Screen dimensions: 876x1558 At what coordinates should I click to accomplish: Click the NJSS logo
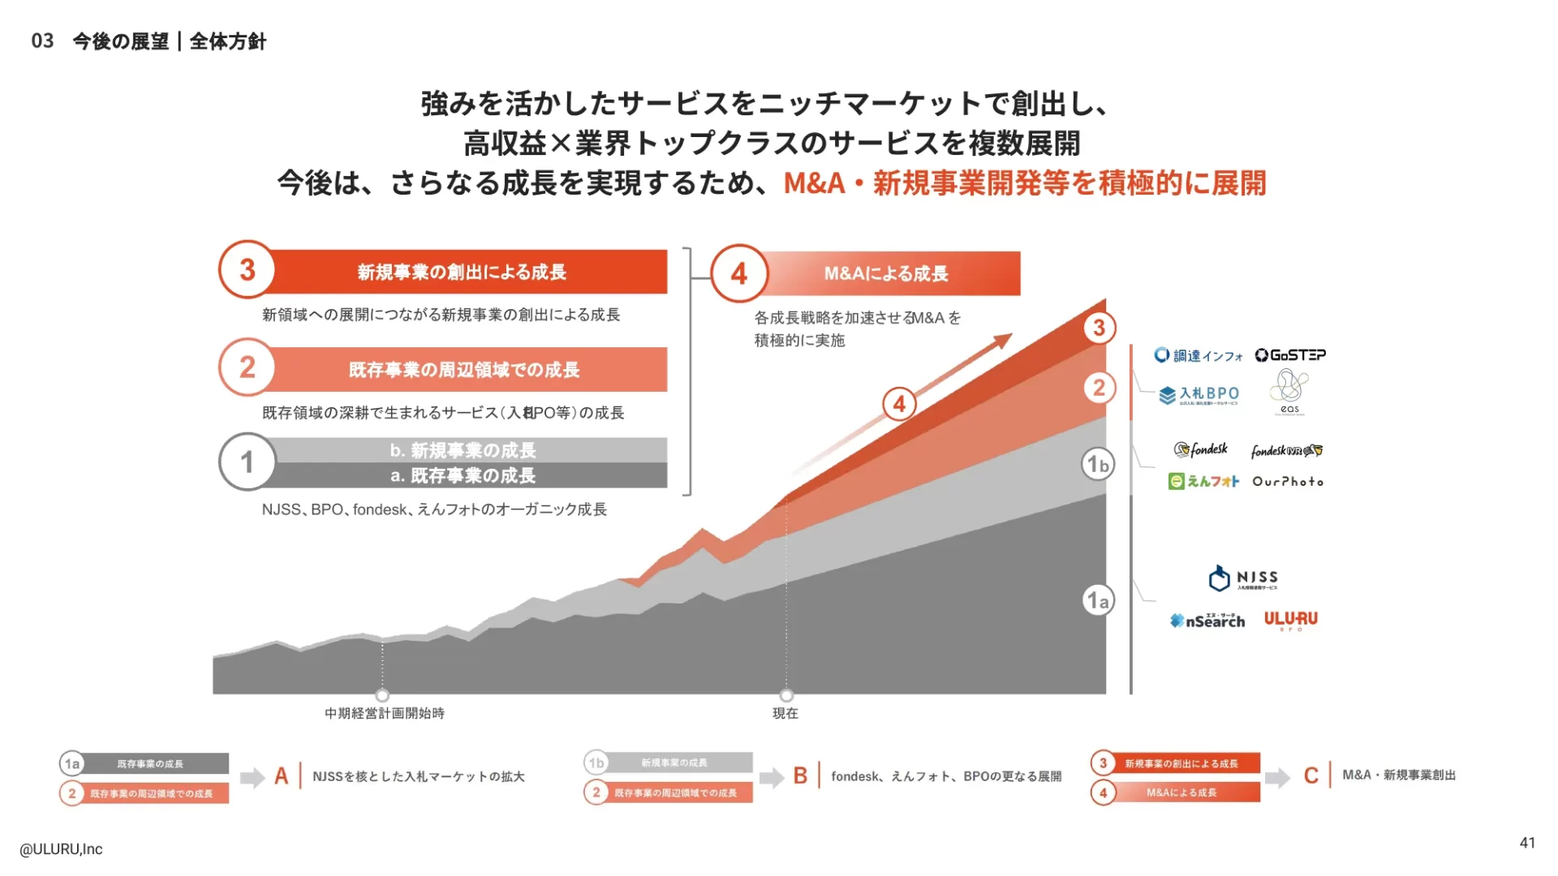[1242, 578]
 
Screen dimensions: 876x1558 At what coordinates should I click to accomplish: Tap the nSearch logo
[1207, 620]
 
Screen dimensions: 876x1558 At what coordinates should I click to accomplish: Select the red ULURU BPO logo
[1290, 620]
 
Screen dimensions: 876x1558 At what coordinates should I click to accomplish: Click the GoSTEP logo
[1290, 355]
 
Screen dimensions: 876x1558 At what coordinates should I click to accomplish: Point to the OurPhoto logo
[1288, 482]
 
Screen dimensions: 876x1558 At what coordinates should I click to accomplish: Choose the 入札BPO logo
[1199, 395]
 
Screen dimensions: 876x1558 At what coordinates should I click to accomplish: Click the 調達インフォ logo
[1198, 355]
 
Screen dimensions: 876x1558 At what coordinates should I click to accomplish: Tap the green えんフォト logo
[1203, 482]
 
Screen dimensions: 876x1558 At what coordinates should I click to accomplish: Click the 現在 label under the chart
[785, 713]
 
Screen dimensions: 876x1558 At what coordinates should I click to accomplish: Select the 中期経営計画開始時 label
[385, 713]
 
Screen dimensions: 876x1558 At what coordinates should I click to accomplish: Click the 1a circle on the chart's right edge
[1098, 600]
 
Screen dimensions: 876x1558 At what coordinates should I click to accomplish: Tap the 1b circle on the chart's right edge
[1098, 464]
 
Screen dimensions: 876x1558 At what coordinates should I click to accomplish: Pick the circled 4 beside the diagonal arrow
[899, 403]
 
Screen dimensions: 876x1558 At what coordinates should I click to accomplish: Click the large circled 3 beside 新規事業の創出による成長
[247, 270]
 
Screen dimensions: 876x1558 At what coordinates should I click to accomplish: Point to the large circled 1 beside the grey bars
[247, 462]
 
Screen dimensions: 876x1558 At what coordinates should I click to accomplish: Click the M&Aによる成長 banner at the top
[886, 273]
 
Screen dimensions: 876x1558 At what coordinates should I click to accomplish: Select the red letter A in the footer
[282, 776]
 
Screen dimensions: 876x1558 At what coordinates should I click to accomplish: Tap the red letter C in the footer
[1311, 775]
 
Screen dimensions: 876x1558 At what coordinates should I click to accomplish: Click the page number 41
[1527, 843]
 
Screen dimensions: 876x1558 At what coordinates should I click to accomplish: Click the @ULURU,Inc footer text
[62, 849]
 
